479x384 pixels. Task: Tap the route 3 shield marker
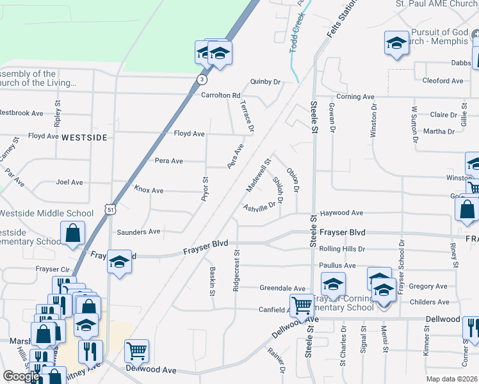(202, 79)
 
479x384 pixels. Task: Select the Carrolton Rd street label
(220, 95)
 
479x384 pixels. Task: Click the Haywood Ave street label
(341, 213)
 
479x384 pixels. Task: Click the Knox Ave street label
(149, 191)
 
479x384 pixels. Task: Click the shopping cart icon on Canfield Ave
(302, 305)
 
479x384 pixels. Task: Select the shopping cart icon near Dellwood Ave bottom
(136, 350)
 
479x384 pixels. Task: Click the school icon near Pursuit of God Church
(396, 43)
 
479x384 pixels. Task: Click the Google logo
(21, 376)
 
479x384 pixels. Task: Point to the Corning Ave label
(355, 97)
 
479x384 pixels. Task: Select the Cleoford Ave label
(442, 81)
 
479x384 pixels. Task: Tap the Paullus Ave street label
(341, 266)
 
